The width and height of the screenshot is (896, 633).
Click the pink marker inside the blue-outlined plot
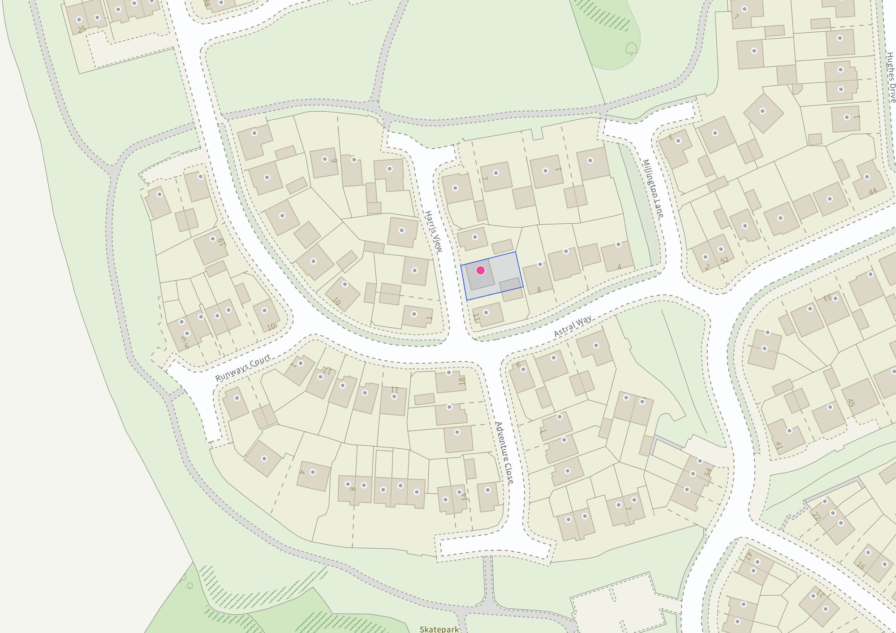(x=480, y=270)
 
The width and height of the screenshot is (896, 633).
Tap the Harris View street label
(x=433, y=231)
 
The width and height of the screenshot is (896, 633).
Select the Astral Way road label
(x=573, y=326)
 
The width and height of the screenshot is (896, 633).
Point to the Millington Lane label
(x=653, y=189)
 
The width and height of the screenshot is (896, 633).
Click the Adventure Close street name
(x=504, y=453)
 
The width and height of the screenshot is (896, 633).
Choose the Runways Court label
(x=243, y=368)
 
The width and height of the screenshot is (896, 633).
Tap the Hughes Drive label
(x=891, y=77)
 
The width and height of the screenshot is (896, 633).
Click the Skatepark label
(x=439, y=629)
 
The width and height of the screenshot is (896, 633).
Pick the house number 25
(x=82, y=30)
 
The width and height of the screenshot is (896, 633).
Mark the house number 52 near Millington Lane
(x=724, y=260)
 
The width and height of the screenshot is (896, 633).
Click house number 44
(x=873, y=192)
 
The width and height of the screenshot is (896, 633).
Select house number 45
(x=851, y=403)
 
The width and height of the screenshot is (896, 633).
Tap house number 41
(x=779, y=446)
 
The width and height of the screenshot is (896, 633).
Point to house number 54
(x=708, y=472)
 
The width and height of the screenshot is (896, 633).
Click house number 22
(x=816, y=516)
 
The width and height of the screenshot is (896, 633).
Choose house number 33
(x=827, y=297)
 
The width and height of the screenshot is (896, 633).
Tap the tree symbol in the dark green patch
(x=631, y=48)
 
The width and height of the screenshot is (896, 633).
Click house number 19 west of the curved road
(x=221, y=243)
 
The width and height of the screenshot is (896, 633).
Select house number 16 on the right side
(x=861, y=566)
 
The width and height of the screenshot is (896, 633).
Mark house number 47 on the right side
(x=748, y=556)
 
